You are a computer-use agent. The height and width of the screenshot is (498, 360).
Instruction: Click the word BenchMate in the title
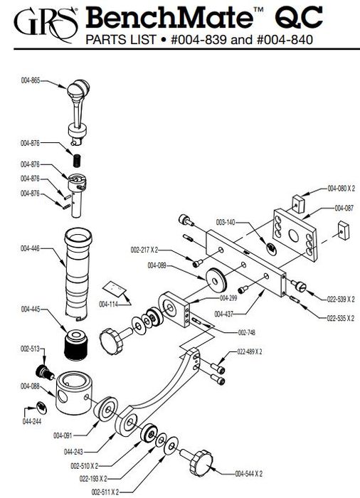169,18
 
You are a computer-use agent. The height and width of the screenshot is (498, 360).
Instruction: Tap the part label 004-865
31,80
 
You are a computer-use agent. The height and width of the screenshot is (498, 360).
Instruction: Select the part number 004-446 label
30,248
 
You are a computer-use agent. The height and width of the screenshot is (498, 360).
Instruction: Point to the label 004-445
31,309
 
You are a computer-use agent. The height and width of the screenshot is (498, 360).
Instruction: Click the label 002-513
30,349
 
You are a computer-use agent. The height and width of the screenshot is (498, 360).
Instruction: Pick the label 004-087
344,208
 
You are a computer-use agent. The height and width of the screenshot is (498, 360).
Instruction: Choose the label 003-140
226,222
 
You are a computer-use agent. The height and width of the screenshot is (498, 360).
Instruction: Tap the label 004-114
108,304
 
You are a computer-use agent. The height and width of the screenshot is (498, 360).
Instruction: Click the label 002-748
247,332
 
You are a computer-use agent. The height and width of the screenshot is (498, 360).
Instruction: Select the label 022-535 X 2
341,318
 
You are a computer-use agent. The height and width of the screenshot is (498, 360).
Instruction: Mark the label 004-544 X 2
249,474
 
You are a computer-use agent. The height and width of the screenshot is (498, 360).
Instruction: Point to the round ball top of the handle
78,89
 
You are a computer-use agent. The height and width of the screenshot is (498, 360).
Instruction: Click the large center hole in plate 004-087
295,235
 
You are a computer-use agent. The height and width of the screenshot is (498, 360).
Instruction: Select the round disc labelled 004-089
216,281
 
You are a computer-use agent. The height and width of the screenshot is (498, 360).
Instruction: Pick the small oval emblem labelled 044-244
41,408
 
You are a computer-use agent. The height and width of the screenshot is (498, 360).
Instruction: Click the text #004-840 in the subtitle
285,40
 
